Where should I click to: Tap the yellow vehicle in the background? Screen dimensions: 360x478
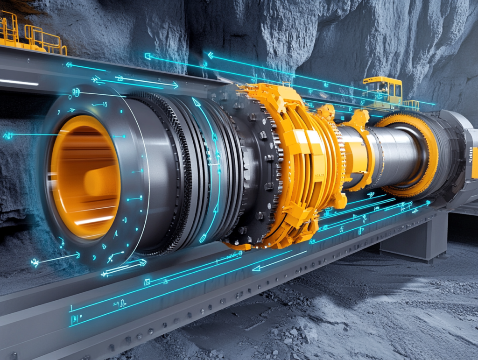[x=383, y=91]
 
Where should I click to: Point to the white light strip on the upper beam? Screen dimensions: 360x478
[x=19, y=82]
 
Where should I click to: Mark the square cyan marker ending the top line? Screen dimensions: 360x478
[x=148, y=56]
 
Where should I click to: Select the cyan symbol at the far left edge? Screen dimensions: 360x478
[x=7, y=136]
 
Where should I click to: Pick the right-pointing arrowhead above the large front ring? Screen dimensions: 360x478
[x=175, y=85]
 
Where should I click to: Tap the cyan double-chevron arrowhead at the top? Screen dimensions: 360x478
[x=211, y=56]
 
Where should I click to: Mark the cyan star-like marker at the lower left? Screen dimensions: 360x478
[x=35, y=262]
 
